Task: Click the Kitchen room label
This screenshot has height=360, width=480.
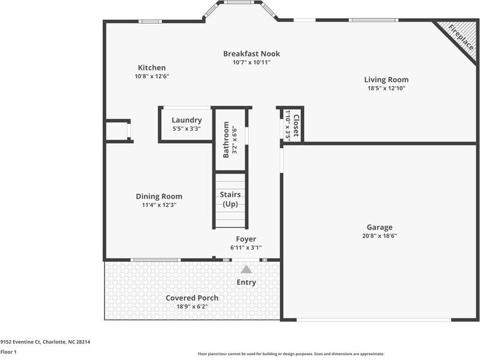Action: (152, 68)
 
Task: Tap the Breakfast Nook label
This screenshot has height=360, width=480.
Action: (251, 54)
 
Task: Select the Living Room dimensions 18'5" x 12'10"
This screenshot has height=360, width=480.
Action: (386, 88)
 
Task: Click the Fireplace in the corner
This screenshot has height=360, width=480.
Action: (459, 37)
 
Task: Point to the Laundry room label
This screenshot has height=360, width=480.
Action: (186, 120)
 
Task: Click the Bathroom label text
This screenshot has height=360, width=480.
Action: (226, 140)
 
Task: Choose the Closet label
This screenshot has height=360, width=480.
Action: (295, 125)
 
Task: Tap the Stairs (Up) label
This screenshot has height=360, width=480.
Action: (230, 199)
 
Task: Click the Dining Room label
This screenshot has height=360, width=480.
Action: (159, 196)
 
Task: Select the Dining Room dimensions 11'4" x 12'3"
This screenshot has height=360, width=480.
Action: (159, 205)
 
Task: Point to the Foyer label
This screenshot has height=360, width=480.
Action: (245, 239)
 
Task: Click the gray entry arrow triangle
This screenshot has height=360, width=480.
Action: (246, 270)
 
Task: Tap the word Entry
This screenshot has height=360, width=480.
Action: (246, 282)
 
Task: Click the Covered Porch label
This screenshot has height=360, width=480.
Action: (192, 298)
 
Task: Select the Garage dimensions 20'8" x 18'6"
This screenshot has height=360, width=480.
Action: (380, 236)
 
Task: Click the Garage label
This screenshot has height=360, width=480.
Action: (380, 227)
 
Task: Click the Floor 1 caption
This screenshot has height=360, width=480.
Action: (8, 352)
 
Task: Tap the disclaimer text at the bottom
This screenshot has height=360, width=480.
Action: (291, 354)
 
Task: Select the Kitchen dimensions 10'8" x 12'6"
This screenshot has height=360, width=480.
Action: (152, 76)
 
